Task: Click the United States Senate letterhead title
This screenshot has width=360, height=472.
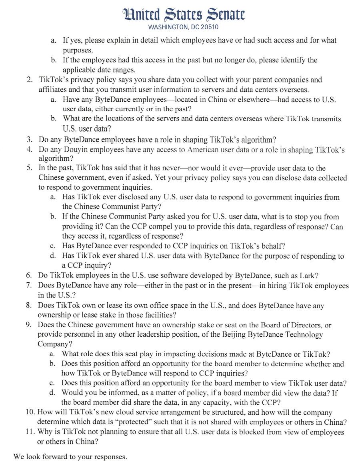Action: [x=184, y=15]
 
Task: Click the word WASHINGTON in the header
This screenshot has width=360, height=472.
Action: [x=167, y=27]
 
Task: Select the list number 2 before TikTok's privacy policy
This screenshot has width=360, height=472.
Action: [x=29, y=80]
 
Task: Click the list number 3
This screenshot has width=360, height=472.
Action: [x=29, y=140]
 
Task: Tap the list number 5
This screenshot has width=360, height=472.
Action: [x=29, y=168]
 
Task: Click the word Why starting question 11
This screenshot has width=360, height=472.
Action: [x=45, y=432]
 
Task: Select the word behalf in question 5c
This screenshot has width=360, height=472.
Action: [x=273, y=246]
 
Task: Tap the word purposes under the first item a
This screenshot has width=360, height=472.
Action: [x=78, y=50]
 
